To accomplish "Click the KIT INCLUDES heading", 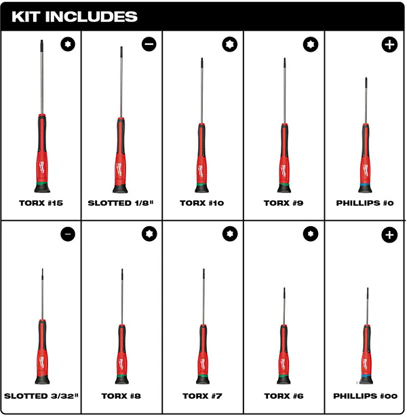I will click(x=75, y=16).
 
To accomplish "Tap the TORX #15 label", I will click(x=41, y=202).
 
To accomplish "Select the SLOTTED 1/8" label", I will click(x=122, y=202).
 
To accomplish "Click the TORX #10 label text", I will click(x=203, y=202).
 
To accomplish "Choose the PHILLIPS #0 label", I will click(x=366, y=202).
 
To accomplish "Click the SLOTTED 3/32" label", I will click(x=41, y=395).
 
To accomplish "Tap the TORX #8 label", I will click(x=122, y=395).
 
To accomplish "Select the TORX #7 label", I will click(x=203, y=395).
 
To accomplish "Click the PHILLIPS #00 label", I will click(x=366, y=395).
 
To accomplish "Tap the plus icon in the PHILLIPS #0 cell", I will click(x=389, y=45).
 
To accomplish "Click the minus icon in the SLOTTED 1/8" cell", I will click(x=149, y=45).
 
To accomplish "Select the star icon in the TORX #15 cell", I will click(x=67, y=45).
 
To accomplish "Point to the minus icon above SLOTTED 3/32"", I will click(x=67, y=234).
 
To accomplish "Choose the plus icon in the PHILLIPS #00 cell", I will click(x=389, y=234).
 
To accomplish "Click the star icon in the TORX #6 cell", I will click(x=310, y=234).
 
